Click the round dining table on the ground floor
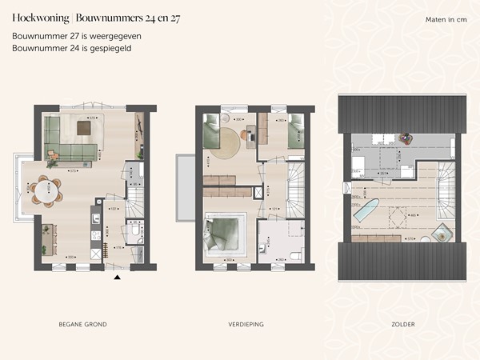click(46, 190)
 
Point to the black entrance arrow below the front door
click(118, 278)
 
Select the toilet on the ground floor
click(133, 230)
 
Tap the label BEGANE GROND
click(83, 324)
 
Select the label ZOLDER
click(403, 324)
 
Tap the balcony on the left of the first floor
click(185, 188)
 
